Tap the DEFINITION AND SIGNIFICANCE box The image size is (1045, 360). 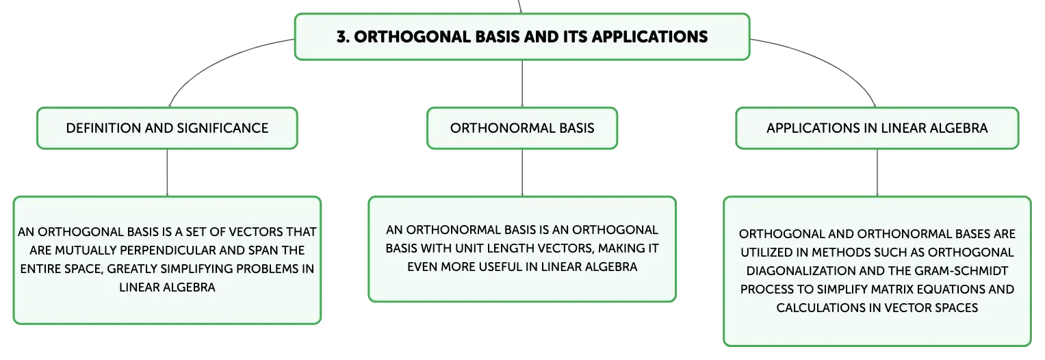point(167,128)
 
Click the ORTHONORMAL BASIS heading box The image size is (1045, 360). point(522,128)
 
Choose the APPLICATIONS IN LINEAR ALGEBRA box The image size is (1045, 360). point(877,128)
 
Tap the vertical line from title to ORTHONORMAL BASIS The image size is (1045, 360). point(522,83)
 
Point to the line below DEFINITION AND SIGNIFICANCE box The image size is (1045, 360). point(167,172)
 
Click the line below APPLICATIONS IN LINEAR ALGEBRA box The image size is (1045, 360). point(877,172)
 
